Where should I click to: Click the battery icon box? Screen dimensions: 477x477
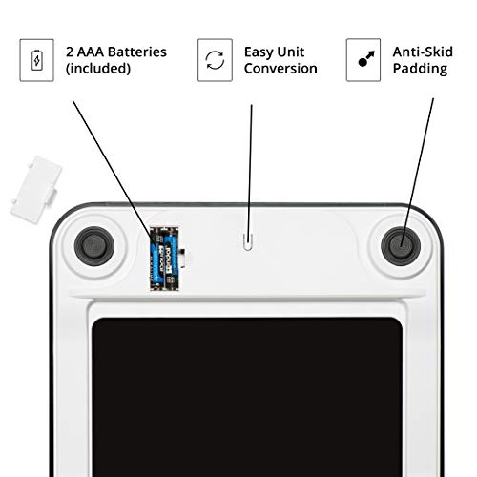(x=36, y=60)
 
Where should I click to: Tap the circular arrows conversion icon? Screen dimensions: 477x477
(x=215, y=60)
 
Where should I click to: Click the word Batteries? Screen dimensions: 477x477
(x=139, y=52)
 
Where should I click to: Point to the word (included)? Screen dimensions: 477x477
(x=98, y=69)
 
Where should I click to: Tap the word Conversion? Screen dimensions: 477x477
(x=280, y=69)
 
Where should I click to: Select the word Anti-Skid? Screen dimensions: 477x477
(x=423, y=52)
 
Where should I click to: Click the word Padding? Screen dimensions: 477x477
(x=420, y=69)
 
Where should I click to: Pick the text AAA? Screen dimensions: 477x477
(x=93, y=52)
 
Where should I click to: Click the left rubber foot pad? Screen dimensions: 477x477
(x=94, y=246)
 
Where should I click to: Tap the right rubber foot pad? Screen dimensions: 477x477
(x=401, y=246)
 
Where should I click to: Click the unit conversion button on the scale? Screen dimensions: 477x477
(x=248, y=242)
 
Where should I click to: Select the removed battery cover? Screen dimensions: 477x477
(x=35, y=190)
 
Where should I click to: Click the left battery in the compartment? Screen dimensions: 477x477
(x=157, y=259)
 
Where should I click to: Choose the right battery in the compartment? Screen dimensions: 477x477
(x=171, y=259)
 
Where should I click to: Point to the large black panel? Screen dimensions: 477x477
(x=247, y=397)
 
